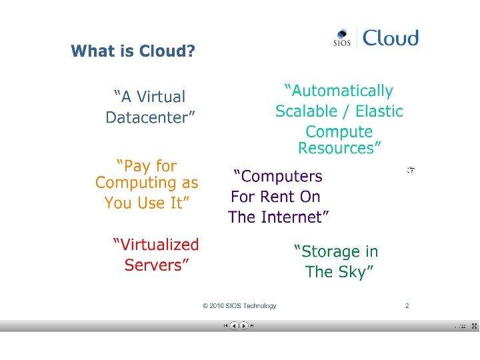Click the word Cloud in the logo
coord(391,38)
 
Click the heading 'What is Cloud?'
coord(133,51)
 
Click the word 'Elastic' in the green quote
coord(379,111)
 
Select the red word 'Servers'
coord(154,265)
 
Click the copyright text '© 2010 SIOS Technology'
coord(239,306)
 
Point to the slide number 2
coord(407,306)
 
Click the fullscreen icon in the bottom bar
coord(474,326)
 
